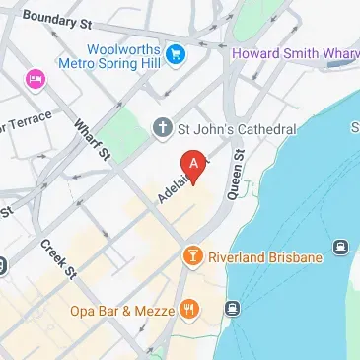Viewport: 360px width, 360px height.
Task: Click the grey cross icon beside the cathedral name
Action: [163, 127]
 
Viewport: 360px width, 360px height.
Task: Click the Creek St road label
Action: [58, 258]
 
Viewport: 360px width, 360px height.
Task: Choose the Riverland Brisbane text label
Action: [265, 257]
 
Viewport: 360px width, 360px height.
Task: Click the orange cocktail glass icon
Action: [193, 257]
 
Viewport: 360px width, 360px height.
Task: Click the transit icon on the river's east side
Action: [341, 248]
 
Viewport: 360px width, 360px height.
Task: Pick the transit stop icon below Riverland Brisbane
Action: [234, 308]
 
